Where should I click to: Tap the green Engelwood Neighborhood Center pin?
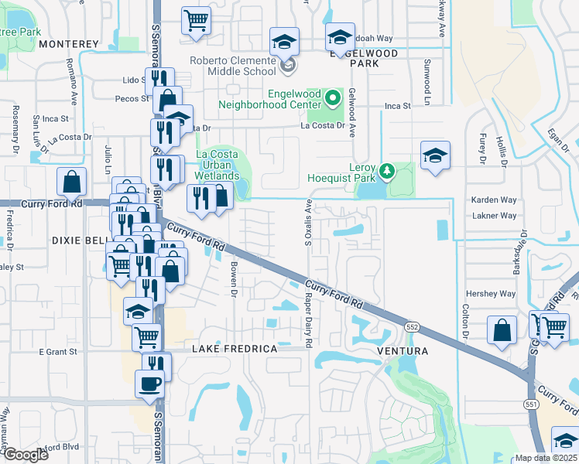(332, 97)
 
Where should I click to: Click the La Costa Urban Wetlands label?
(217, 165)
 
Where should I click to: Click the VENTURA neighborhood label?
(402, 351)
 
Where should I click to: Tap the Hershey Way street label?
(490, 294)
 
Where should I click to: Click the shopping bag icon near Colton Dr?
(502, 329)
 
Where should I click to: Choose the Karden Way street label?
(493, 200)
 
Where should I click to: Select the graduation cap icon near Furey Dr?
(435, 155)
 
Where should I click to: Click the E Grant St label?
(59, 352)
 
